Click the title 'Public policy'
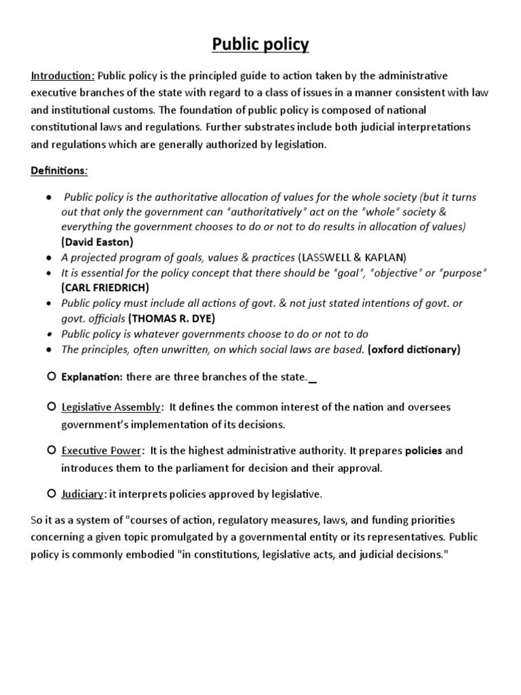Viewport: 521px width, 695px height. pos(260,45)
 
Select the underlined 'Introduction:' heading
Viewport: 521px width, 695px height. pos(63,75)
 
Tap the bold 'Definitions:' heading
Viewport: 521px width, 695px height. pos(59,170)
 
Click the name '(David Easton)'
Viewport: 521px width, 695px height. pos(97,242)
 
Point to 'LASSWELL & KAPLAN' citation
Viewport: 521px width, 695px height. pos(352,257)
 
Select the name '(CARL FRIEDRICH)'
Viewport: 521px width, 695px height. pos(104,287)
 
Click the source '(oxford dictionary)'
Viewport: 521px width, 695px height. pos(414,350)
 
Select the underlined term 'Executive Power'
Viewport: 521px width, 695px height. pos(102,451)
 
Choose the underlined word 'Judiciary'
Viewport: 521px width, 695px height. pos(82,493)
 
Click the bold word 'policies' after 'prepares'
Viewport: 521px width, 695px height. pos(424,451)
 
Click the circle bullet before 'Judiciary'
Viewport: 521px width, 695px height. pos(52,493)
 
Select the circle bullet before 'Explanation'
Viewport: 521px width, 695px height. pos(52,375)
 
